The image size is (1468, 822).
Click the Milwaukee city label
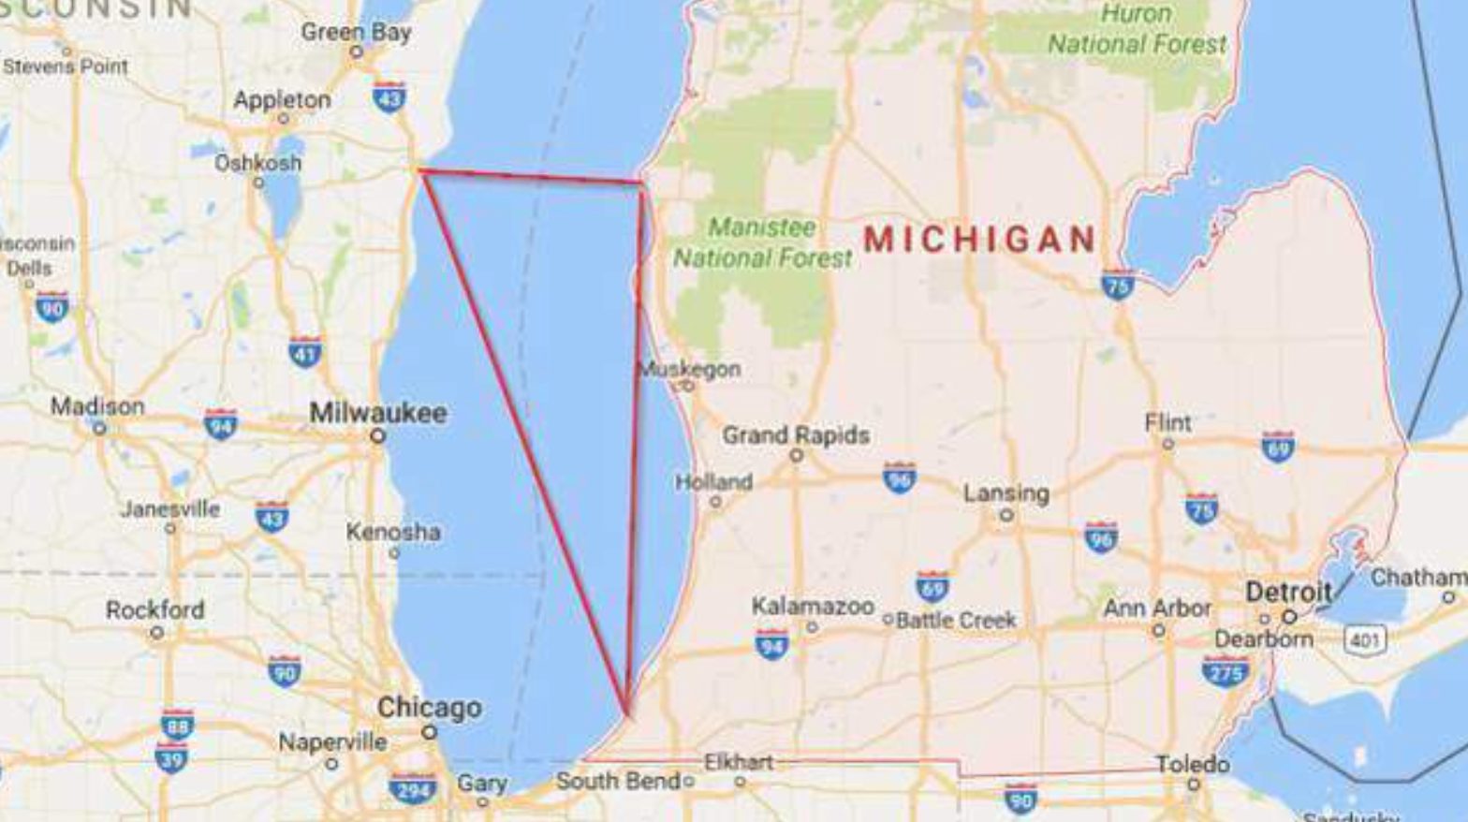pos(378,413)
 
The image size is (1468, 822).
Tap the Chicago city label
pos(429,708)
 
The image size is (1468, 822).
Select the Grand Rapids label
pos(796,435)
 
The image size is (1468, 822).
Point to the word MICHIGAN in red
pos(979,240)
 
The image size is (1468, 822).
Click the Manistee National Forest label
pos(762,242)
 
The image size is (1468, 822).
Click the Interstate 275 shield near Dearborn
pos(1225,670)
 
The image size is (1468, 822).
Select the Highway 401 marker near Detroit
pos(1364,640)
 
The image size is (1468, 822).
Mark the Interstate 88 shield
pos(177,725)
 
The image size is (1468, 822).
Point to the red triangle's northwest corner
pos(419,170)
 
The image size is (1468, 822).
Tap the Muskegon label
pos(690,369)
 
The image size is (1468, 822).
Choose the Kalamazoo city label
pos(813,607)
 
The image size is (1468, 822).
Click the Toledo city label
pos(1192,765)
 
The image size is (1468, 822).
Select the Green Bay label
pos(356,32)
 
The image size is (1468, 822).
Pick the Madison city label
pos(97,406)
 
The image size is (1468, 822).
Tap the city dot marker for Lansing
pos(1006,515)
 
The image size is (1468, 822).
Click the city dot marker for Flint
pos(1167,444)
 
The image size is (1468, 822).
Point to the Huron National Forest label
pos(1136,29)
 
